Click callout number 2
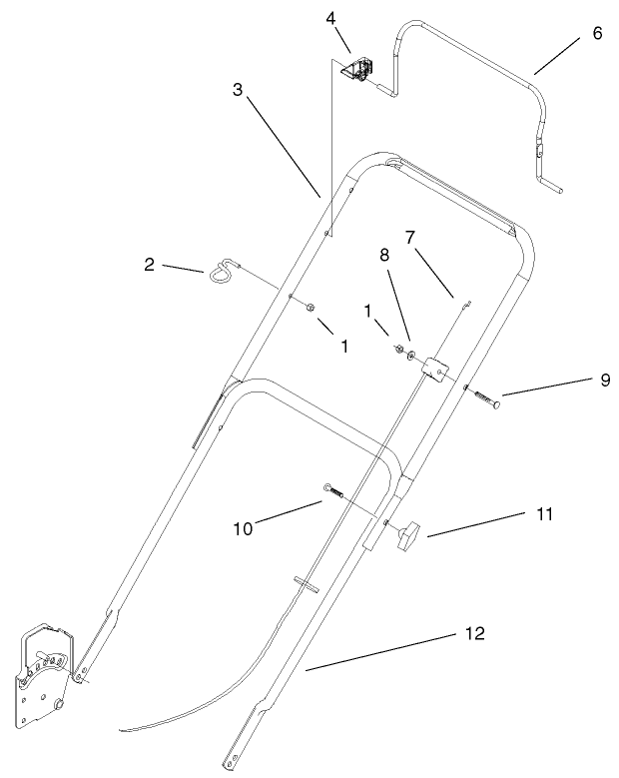(x=149, y=265)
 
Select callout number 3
(x=237, y=90)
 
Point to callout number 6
(x=597, y=32)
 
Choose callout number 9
(x=577, y=381)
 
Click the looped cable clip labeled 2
(x=223, y=270)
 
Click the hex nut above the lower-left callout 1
(x=311, y=307)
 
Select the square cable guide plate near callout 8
(x=433, y=369)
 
